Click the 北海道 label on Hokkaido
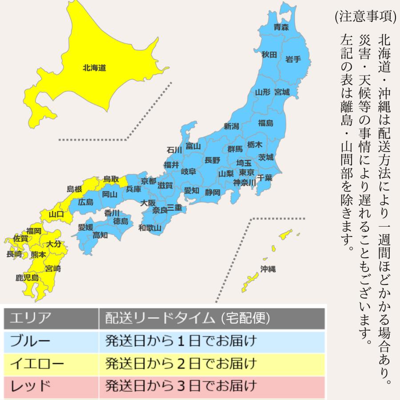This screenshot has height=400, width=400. pyautogui.click(x=94, y=68)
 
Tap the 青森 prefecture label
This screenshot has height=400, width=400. pyautogui.click(x=281, y=28)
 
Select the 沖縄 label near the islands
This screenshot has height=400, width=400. pyautogui.click(x=268, y=268)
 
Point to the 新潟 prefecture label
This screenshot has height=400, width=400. pyautogui.click(x=232, y=126)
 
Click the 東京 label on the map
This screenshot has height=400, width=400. pyautogui.click(x=246, y=172)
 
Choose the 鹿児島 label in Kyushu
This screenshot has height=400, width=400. pyautogui.click(x=27, y=278)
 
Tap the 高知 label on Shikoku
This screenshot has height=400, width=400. pyautogui.click(x=100, y=236)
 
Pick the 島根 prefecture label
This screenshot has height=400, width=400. pyautogui.click(x=74, y=189)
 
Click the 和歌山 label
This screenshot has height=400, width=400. pyautogui.click(x=150, y=228)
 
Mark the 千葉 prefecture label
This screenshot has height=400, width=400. pyautogui.click(x=264, y=177)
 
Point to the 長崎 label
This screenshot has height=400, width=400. pyautogui.click(x=14, y=254)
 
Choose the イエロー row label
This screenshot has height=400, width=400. pyautogui.click(x=37, y=364)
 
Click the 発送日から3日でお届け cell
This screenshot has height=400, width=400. pyautogui.click(x=181, y=385)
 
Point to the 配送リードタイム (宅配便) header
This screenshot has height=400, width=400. pyautogui.click(x=187, y=319)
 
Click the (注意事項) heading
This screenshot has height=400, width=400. pyautogui.click(x=365, y=16)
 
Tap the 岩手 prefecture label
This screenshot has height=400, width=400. pyautogui.click(x=293, y=59)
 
